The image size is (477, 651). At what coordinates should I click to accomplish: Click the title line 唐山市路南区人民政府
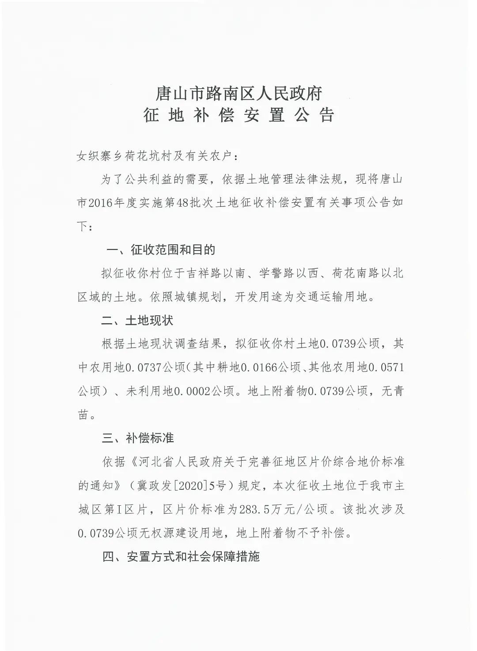click(238, 93)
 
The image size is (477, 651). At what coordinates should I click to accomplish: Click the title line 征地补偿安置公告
click(238, 115)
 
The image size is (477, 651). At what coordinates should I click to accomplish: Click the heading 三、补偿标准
click(138, 438)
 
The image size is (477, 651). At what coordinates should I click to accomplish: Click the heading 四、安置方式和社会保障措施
click(181, 556)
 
